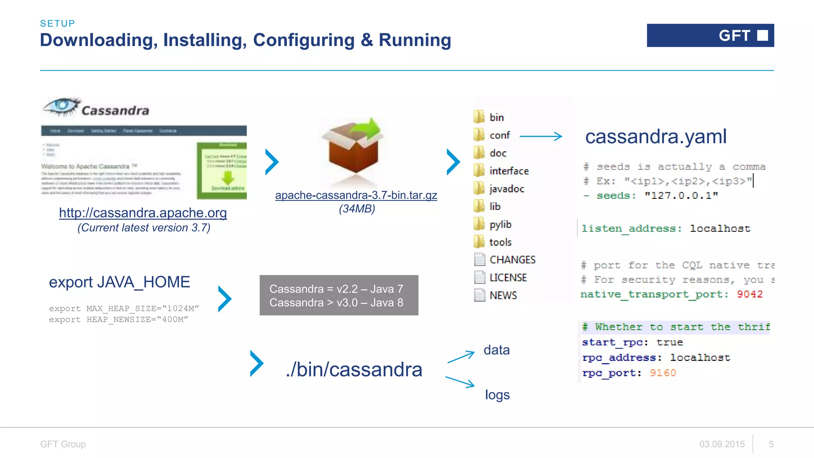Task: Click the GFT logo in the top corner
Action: [710, 35]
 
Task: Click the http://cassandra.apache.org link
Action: [143, 213]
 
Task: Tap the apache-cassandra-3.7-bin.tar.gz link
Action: [356, 195]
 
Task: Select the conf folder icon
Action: [479, 135]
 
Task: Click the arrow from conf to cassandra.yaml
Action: [541, 136]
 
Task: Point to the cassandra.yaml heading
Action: [656, 136]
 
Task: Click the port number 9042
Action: [750, 294]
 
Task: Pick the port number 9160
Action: [663, 373]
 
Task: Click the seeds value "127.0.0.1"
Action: [681, 196]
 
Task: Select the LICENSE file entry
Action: [508, 278]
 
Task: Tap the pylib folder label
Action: [500, 225]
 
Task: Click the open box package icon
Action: [353, 149]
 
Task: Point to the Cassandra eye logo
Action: [62, 106]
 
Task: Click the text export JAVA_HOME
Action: [119, 282]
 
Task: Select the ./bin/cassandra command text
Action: [354, 370]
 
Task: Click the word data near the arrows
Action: [496, 350]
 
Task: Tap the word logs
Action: [497, 395]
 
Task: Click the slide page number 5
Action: [771, 444]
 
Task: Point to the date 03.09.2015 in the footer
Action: [722, 444]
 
